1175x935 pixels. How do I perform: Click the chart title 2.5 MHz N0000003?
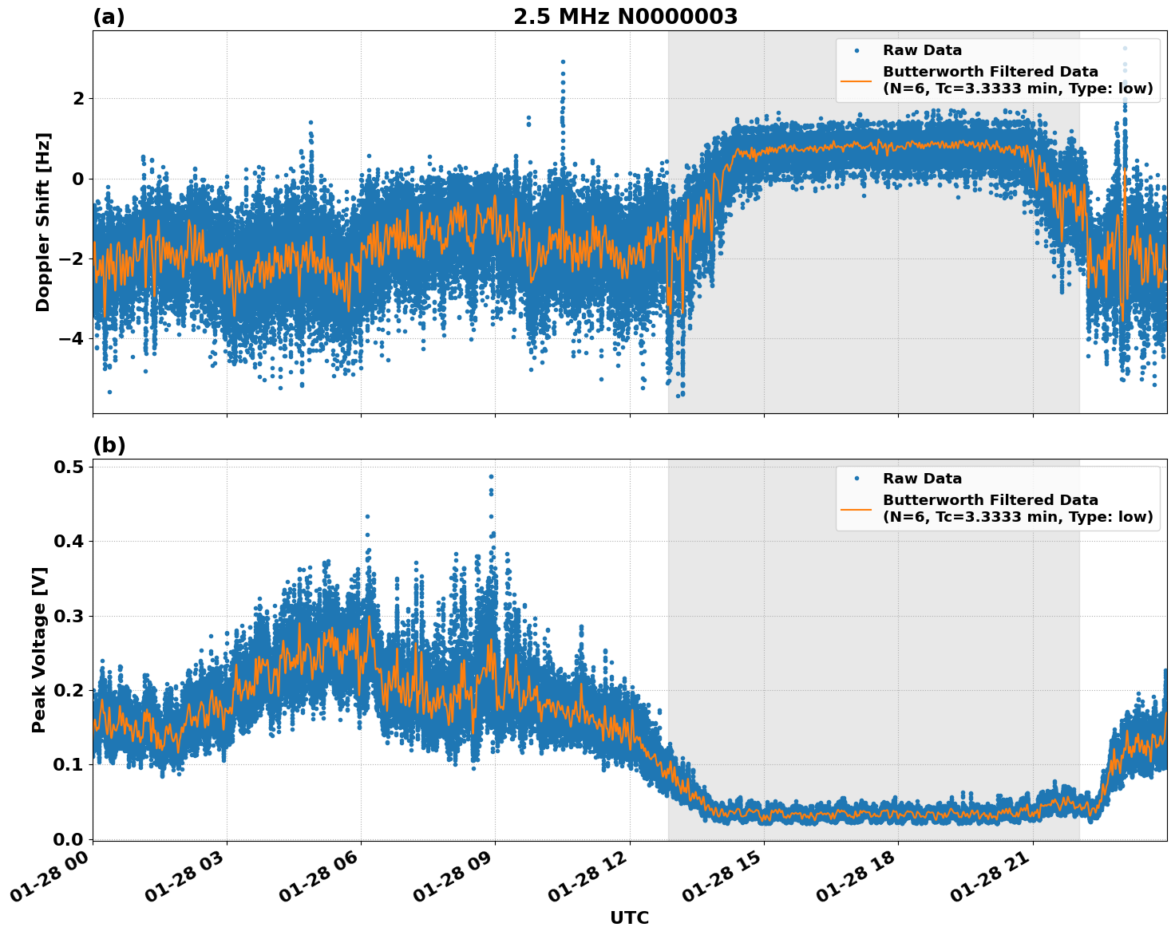[625, 17]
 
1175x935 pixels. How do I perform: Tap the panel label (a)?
[109, 17]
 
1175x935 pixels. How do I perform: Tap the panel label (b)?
[109, 445]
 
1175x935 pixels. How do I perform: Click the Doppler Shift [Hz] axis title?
[43, 222]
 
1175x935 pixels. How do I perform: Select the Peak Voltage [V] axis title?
[39, 649]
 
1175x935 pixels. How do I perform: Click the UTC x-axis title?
[629, 917]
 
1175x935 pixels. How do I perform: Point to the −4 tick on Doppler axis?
[73, 338]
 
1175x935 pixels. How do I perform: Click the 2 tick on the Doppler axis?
[78, 98]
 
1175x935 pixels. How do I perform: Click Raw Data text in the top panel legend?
[922, 50]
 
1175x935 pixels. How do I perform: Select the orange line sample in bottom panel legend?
[856, 508]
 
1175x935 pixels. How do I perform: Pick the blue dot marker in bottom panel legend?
[856, 479]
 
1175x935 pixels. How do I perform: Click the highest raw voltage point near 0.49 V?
[491, 476]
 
